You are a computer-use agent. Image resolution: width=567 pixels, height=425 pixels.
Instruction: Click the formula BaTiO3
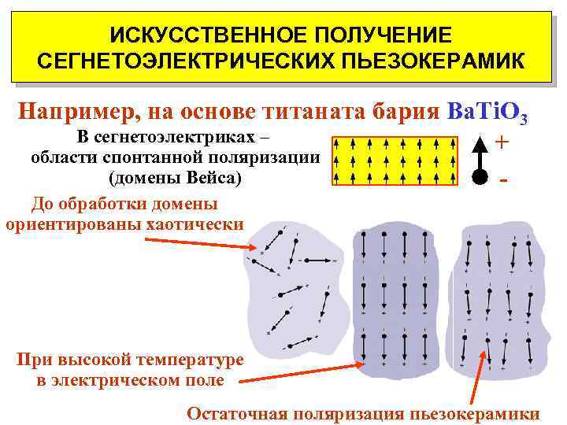486,113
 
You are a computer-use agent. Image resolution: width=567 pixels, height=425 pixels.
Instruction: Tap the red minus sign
502,179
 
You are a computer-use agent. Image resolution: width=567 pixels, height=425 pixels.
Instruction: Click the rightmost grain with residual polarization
496,299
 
